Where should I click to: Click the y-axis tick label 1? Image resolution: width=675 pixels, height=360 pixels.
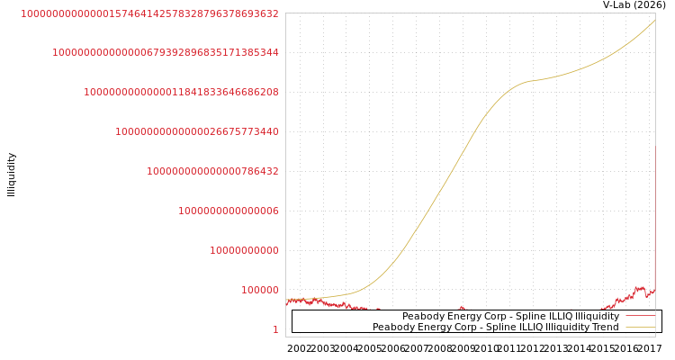pyautogui.click(x=275, y=329)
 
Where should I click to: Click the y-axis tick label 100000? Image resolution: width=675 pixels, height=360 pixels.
pyautogui.click(x=259, y=290)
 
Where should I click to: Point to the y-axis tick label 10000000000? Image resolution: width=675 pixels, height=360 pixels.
pyautogui.click(x=244, y=250)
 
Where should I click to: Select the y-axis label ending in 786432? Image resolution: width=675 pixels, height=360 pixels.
pyautogui.click(x=212, y=171)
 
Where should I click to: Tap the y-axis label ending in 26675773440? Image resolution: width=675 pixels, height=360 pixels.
pyautogui.click(x=196, y=131)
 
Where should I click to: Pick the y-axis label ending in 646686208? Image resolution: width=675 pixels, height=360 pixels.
pyautogui.click(x=181, y=92)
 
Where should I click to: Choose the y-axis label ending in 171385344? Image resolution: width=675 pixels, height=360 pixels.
pyautogui.click(x=165, y=52)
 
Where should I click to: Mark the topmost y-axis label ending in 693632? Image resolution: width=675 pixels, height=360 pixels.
pyautogui.click(x=149, y=14)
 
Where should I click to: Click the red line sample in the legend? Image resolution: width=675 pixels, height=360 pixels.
pyautogui.click(x=640, y=317)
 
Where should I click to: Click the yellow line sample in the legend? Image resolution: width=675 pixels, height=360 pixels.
pyautogui.click(x=640, y=328)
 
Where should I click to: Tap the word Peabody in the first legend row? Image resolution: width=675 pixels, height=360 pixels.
pyautogui.click(x=422, y=317)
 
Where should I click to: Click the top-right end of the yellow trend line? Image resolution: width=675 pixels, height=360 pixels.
pyautogui.click(x=655, y=20)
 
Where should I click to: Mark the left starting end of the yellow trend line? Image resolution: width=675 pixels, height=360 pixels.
pyautogui.click(x=287, y=300)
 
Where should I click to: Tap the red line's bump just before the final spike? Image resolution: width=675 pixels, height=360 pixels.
pyautogui.click(x=639, y=289)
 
